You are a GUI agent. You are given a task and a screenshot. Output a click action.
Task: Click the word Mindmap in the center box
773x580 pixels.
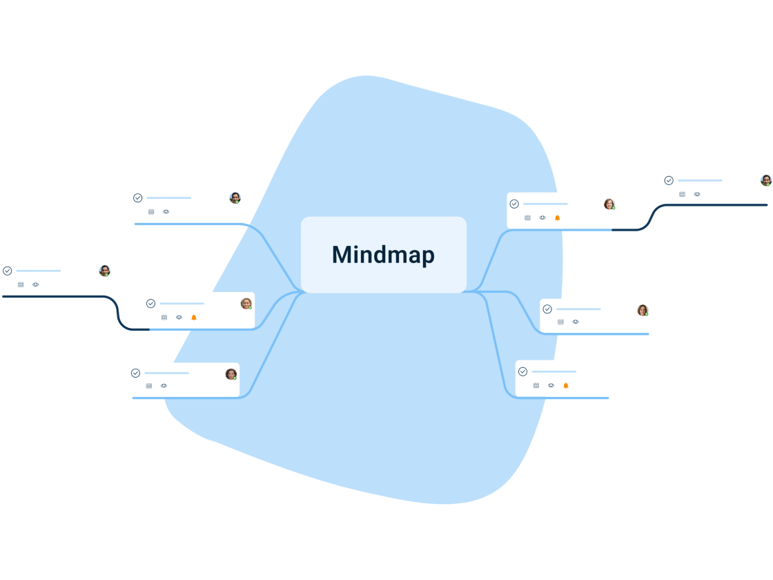pyautogui.click(x=383, y=255)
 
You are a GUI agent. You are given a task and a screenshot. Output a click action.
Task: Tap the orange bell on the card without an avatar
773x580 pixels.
pyautogui.click(x=566, y=385)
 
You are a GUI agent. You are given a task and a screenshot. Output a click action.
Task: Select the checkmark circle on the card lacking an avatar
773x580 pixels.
pyautogui.click(x=522, y=371)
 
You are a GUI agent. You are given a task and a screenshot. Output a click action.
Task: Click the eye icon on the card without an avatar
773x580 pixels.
pyautogui.click(x=551, y=385)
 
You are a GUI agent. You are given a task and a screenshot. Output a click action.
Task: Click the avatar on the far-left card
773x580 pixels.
pyautogui.click(x=104, y=271)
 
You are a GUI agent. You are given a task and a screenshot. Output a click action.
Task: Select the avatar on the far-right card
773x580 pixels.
pyautogui.click(x=765, y=180)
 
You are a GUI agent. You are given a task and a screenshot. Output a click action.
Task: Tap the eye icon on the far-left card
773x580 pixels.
pyautogui.click(x=35, y=284)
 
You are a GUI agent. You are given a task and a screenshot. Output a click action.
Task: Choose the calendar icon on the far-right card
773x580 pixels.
pyautogui.click(x=682, y=194)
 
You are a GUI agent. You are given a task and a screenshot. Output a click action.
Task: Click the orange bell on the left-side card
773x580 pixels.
pyautogui.click(x=194, y=317)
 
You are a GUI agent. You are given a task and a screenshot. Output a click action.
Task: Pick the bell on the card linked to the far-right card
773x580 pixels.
pyautogui.click(x=557, y=217)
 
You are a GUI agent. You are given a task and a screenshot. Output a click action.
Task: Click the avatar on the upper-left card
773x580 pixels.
pyautogui.click(x=235, y=198)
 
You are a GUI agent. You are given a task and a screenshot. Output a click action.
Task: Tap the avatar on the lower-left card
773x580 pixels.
pyautogui.click(x=231, y=374)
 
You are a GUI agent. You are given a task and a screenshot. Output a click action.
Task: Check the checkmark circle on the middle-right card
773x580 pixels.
pyautogui.click(x=547, y=309)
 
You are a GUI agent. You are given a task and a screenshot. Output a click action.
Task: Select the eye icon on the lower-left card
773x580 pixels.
pyautogui.click(x=164, y=386)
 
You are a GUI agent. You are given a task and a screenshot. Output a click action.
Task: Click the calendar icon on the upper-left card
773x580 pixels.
pyautogui.click(x=151, y=212)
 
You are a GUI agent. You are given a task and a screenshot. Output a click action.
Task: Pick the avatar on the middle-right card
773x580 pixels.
pyautogui.click(x=642, y=310)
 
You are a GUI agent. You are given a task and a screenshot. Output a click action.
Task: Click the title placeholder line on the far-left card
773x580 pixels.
pyautogui.click(x=39, y=271)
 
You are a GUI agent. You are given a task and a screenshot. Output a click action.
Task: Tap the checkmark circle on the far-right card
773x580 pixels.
pyautogui.click(x=669, y=180)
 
